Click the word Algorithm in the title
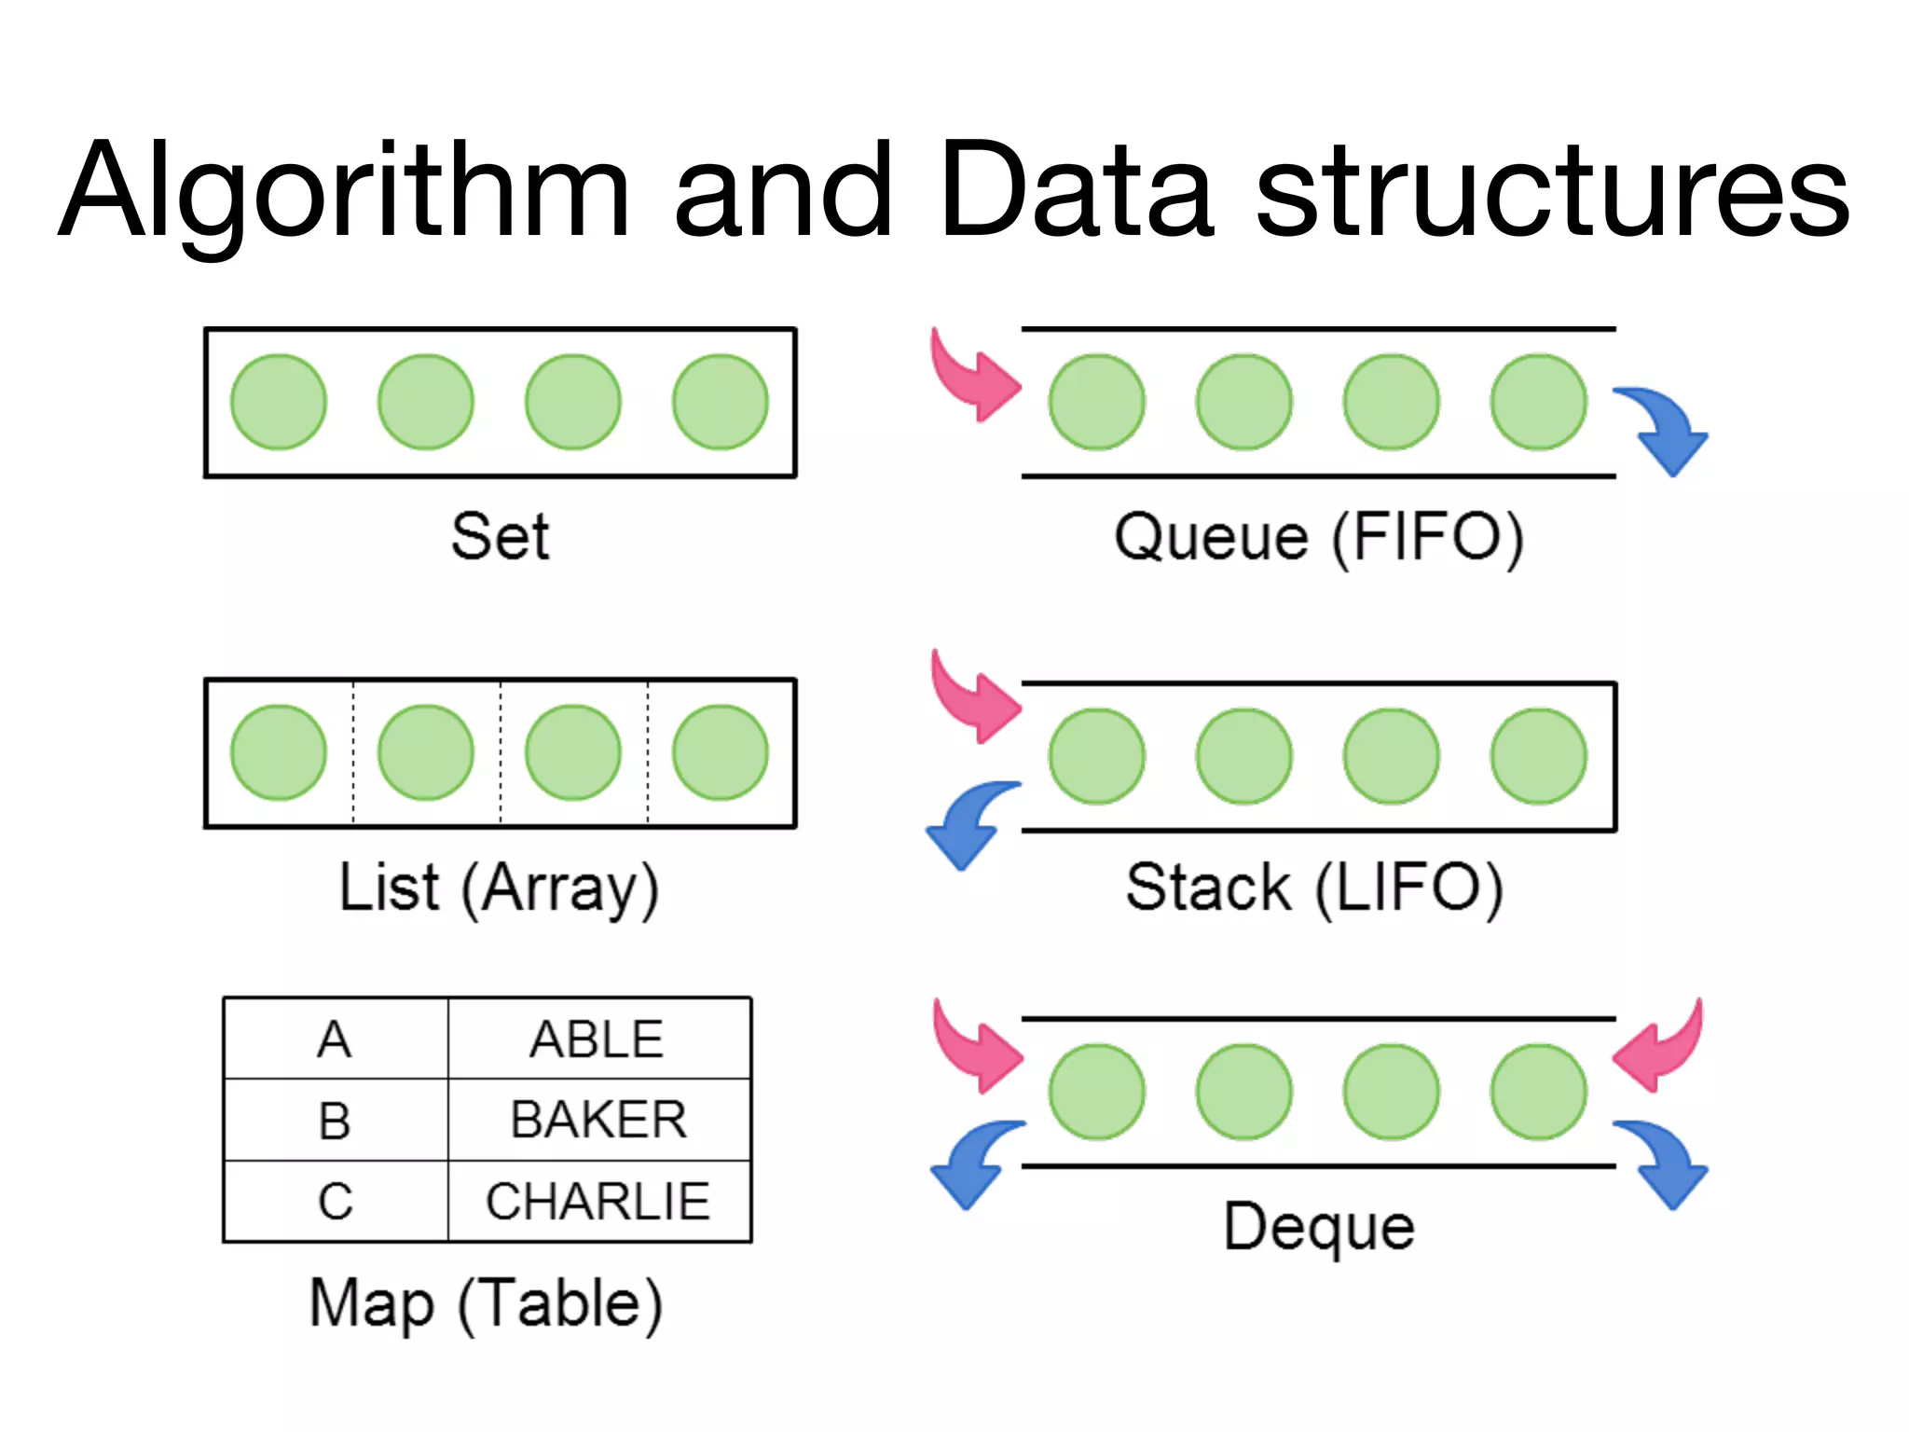click(345, 191)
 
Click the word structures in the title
click(1552, 191)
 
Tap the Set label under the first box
click(501, 537)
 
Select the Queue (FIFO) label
click(1319, 538)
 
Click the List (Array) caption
click(499, 888)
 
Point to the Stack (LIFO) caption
click(1314, 888)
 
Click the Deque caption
click(1319, 1226)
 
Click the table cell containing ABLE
click(597, 1039)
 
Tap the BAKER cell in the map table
click(597, 1120)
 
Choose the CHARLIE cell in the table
click(597, 1201)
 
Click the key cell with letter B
click(335, 1120)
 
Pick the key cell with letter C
click(335, 1201)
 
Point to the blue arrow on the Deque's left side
click(972, 1161)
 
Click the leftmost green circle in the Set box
click(279, 402)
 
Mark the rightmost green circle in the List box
click(721, 752)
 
